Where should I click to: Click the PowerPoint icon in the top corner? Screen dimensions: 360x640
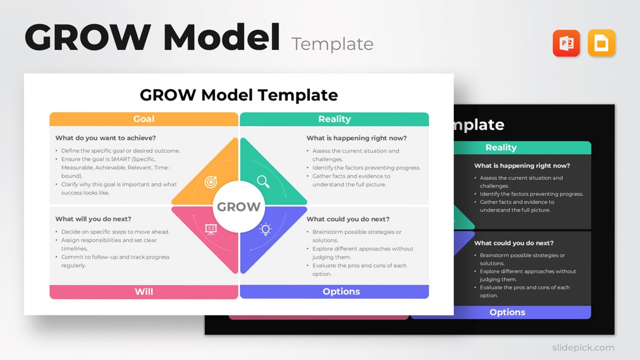pyautogui.click(x=566, y=43)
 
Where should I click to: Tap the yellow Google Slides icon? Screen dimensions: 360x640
pyautogui.click(x=601, y=43)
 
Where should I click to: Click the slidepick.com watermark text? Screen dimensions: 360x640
pyautogui.click(x=583, y=347)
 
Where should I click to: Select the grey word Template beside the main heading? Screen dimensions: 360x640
pyautogui.click(x=332, y=44)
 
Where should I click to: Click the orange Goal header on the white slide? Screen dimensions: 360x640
pyautogui.click(x=143, y=119)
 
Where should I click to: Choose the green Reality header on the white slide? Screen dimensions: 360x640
pyautogui.click(x=334, y=119)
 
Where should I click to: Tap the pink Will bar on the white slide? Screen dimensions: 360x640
pyautogui.click(x=143, y=291)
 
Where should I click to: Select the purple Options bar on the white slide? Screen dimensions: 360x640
pyautogui.click(x=341, y=291)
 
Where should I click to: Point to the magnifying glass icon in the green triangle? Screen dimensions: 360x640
pyautogui.click(x=263, y=181)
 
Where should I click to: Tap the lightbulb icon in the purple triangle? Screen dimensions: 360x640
pyautogui.click(x=265, y=229)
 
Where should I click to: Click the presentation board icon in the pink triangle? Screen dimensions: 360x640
pyautogui.click(x=211, y=229)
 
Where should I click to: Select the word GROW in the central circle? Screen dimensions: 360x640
pyautogui.click(x=238, y=207)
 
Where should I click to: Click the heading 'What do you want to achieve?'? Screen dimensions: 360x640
pyautogui.click(x=105, y=138)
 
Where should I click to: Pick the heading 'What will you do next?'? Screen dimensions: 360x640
pyautogui.click(x=93, y=219)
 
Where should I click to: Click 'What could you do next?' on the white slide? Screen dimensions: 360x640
pyautogui.click(x=348, y=219)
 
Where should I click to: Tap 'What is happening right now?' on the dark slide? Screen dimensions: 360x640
pyautogui.click(x=522, y=165)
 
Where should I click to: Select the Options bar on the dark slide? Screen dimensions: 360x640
pyautogui.click(x=507, y=312)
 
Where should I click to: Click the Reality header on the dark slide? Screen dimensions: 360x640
pyautogui.click(x=500, y=147)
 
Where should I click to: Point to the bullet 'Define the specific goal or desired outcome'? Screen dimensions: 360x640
pyautogui.click(x=120, y=151)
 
